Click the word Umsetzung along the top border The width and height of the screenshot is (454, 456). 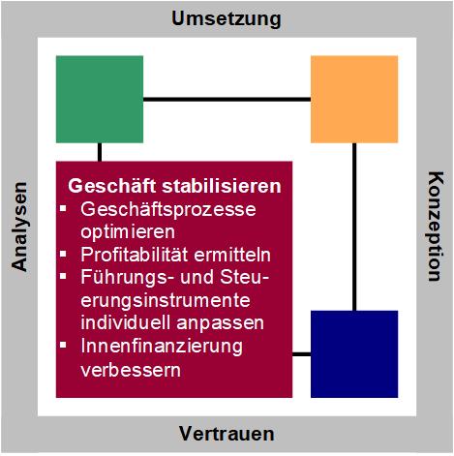click(227, 19)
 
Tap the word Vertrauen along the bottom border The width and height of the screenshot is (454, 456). click(227, 434)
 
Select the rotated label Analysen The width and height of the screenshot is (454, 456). click(19, 227)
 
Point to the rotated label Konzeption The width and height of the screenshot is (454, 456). click(436, 227)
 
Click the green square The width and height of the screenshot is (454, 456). click(100, 99)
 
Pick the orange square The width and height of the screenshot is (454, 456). click(354, 99)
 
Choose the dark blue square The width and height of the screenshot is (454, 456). click(354, 354)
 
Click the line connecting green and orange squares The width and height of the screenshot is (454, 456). click(227, 99)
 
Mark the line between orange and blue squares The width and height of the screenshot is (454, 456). click(354, 227)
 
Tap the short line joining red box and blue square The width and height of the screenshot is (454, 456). click(301, 354)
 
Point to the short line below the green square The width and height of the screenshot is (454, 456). click(100, 152)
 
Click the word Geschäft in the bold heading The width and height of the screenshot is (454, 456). click(111, 186)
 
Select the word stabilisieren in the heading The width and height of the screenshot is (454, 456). click(222, 186)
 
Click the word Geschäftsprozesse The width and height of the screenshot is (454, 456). click(168, 210)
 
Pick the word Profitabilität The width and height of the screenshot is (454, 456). click(134, 255)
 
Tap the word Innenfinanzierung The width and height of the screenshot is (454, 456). click(162, 347)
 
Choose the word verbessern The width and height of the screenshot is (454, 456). click(131, 370)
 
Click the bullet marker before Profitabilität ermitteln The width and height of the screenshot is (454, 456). click(63, 254)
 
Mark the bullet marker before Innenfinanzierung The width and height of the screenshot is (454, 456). click(63, 345)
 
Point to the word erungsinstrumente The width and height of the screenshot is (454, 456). click(166, 301)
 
